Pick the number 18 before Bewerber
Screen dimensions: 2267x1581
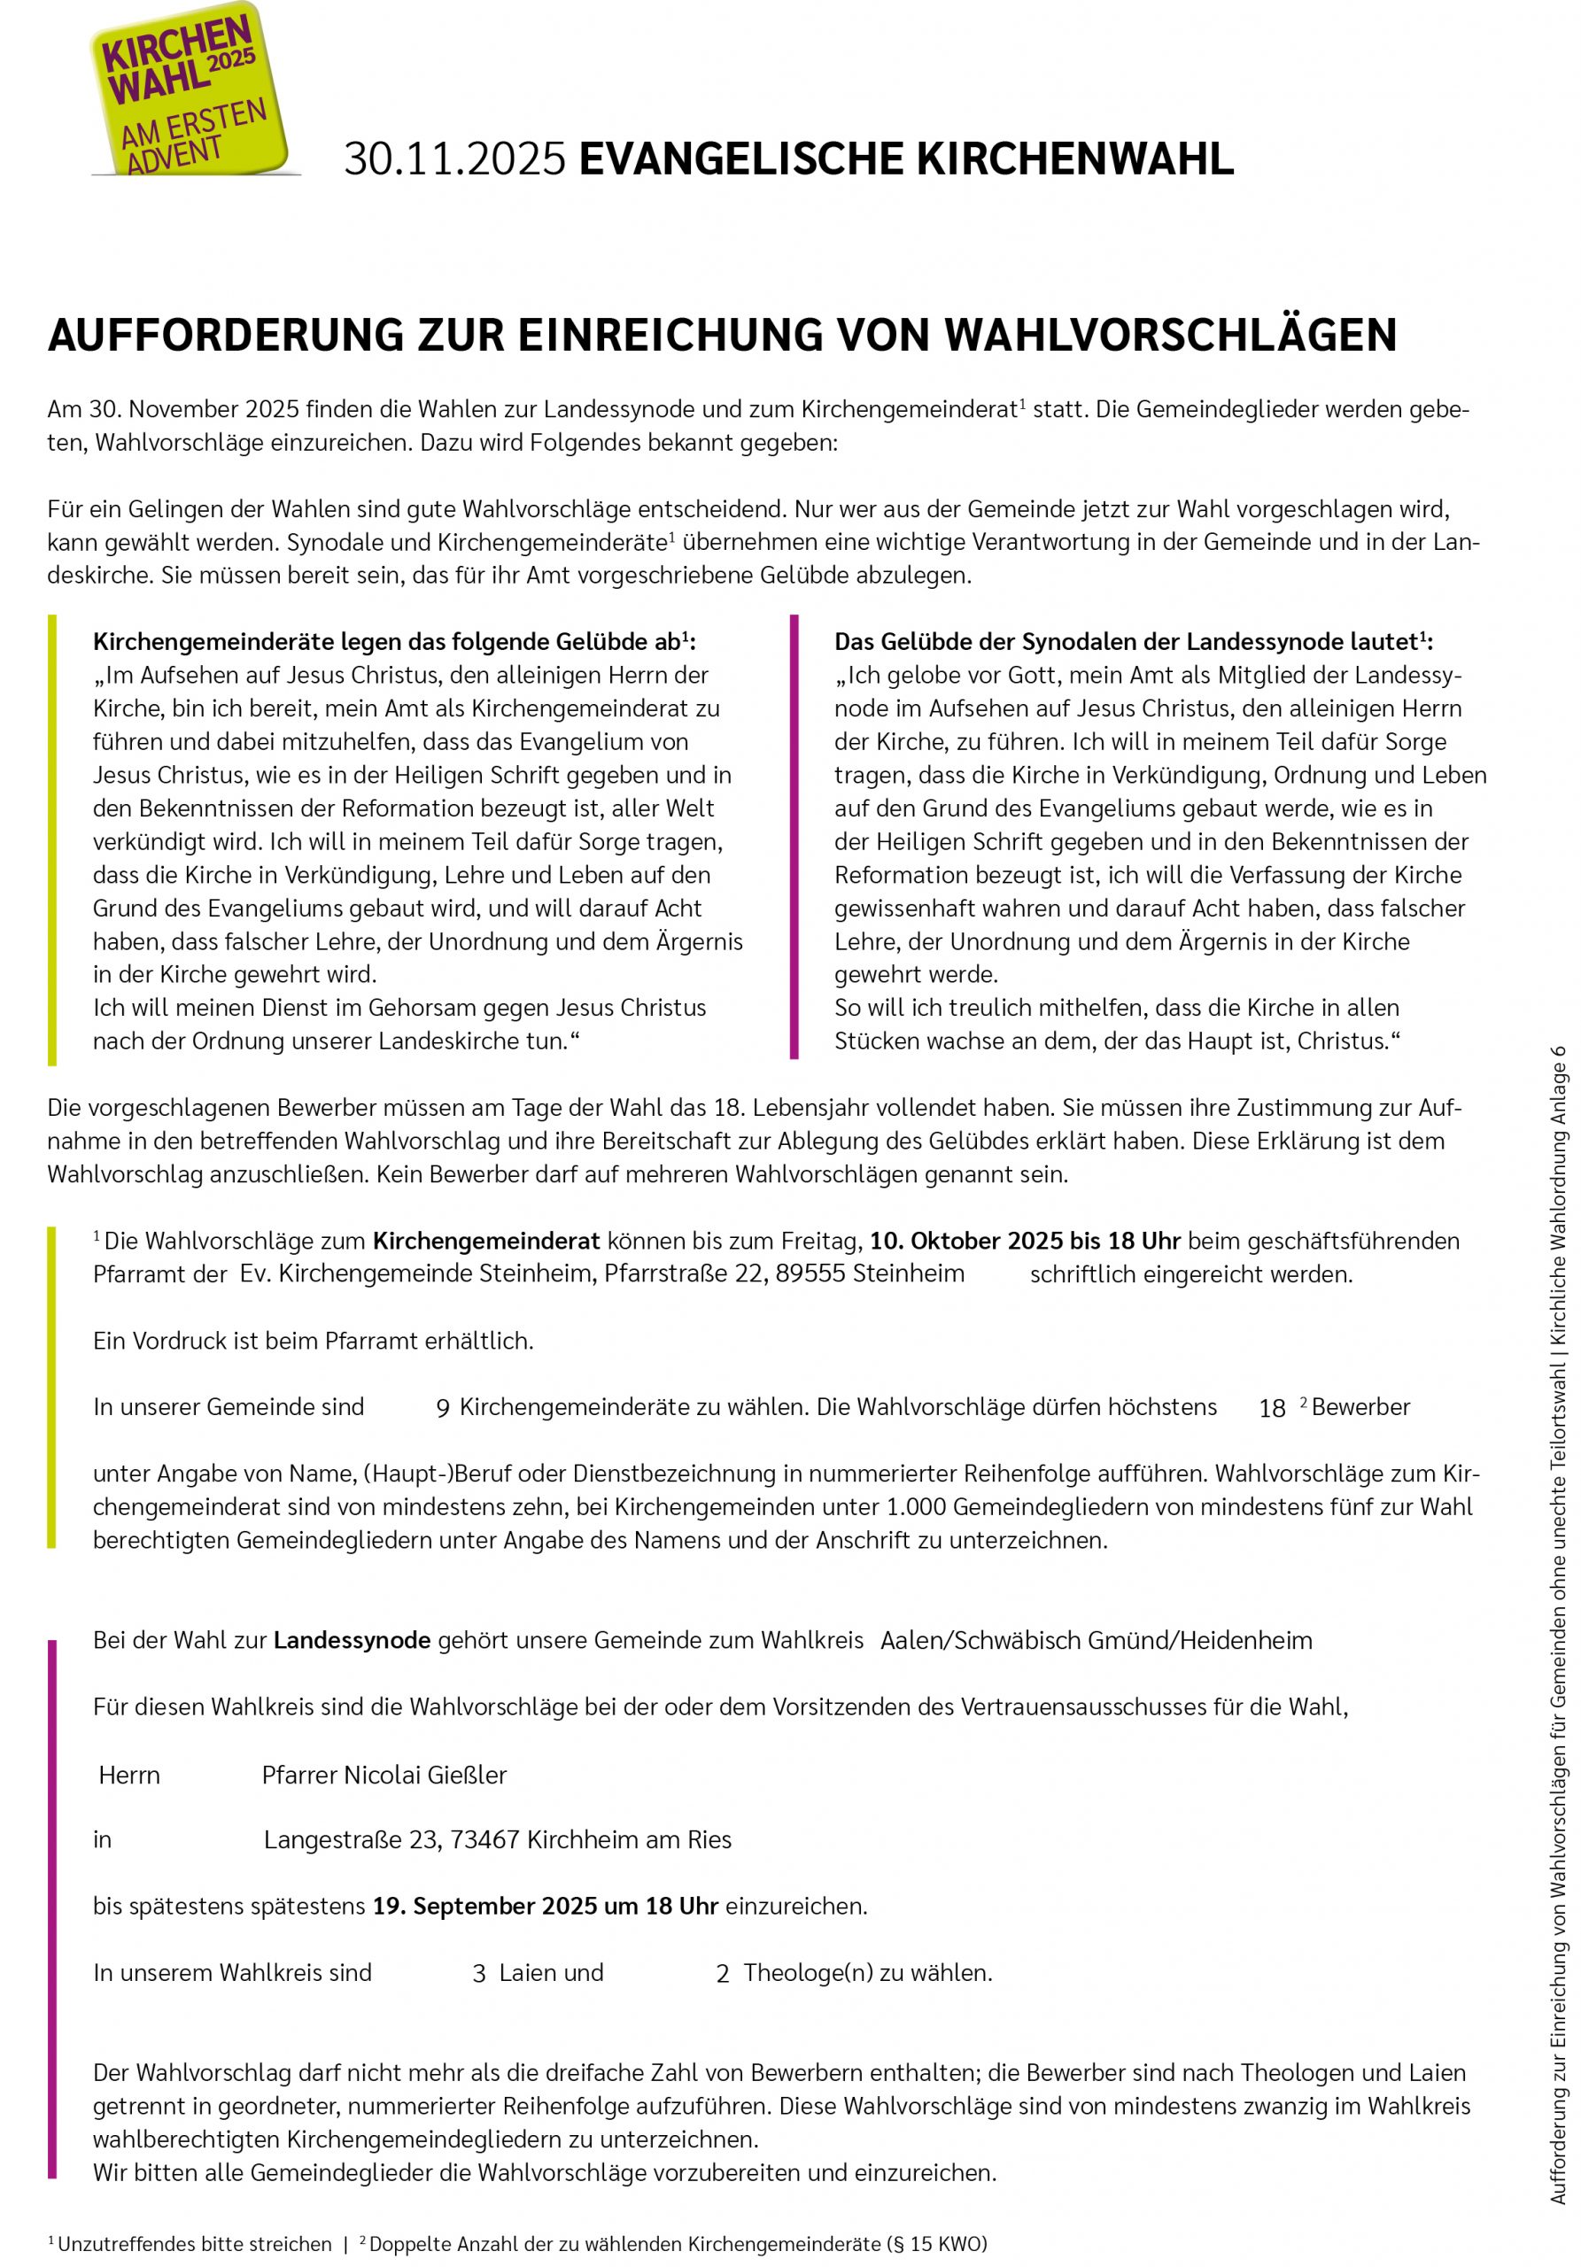click(x=1272, y=1409)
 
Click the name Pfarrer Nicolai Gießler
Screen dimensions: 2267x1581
click(x=384, y=1775)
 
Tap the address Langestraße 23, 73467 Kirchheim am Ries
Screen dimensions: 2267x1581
click(x=498, y=1839)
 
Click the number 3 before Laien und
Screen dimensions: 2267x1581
click(x=479, y=1974)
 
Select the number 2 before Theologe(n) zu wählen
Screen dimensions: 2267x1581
click(x=722, y=1974)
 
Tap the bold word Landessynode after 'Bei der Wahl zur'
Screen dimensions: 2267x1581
click(x=352, y=1640)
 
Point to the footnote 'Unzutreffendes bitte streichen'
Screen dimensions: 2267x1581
click(x=194, y=2243)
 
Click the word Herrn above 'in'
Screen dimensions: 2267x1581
click(x=129, y=1776)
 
